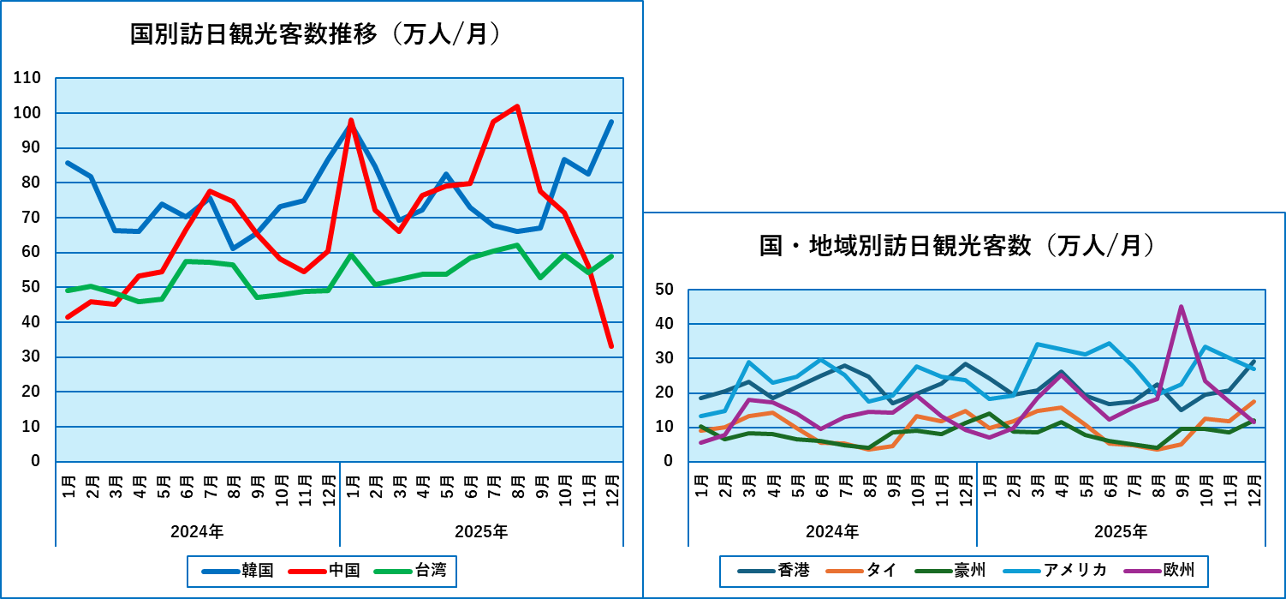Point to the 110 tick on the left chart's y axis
click(28, 78)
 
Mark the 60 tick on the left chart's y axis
click(32, 252)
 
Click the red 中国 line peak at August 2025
click(516, 106)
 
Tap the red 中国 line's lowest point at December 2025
click(611, 346)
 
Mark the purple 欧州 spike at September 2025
click(1182, 306)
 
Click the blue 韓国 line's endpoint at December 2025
click(611, 122)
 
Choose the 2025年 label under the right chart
click(1121, 531)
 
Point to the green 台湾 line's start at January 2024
click(68, 291)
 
